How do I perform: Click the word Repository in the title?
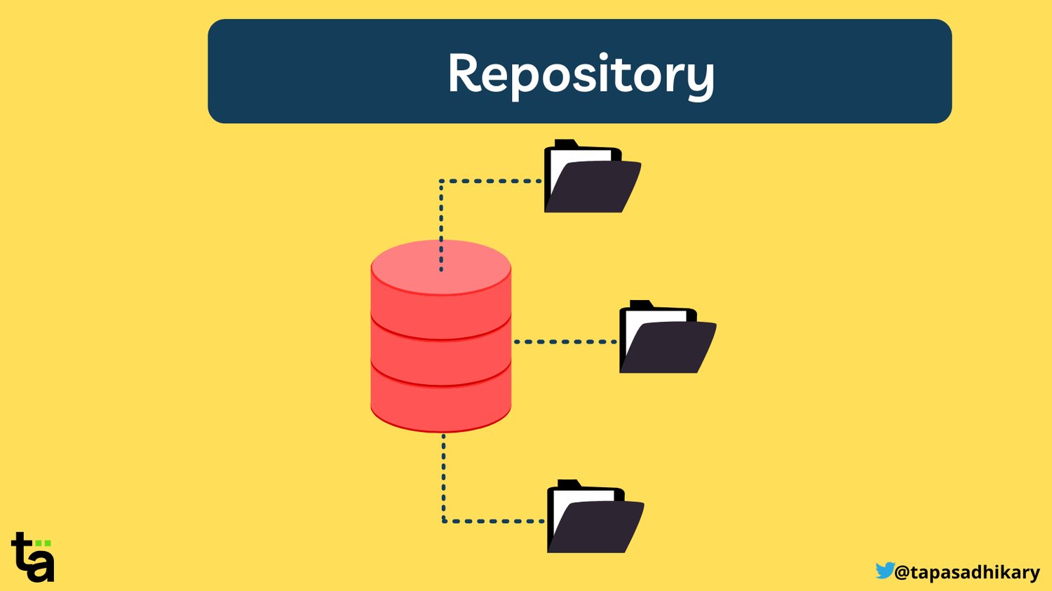coord(581,73)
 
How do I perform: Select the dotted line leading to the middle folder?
coord(565,342)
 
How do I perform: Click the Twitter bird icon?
coord(884,571)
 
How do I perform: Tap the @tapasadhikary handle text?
coord(967,573)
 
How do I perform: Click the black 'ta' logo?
coord(32,558)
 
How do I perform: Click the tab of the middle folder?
coord(640,305)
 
